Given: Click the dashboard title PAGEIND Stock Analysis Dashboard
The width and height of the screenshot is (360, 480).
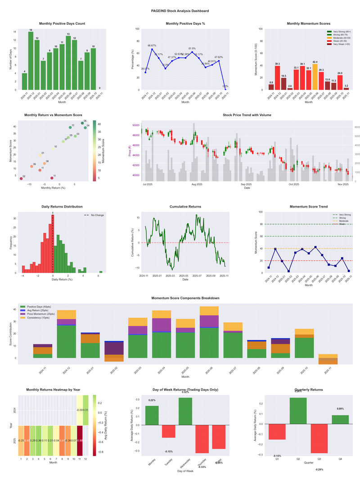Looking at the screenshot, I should point(180,11).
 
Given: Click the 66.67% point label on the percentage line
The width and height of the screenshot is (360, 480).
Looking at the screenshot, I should point(152,45).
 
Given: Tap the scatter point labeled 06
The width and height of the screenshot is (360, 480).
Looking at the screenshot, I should point(82,123).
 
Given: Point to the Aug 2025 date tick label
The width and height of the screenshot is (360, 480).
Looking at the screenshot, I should point(197,184).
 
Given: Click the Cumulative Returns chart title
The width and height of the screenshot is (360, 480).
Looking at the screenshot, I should point(185,207).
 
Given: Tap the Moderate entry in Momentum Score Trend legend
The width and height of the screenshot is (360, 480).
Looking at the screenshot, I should point(343,221).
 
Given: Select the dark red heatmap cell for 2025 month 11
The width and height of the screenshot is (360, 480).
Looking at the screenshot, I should point(80,440).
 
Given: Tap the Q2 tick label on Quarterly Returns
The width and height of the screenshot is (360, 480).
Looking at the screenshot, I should point(298,459).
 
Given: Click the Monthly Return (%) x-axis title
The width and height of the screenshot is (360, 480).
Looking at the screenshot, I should point(54,187).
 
